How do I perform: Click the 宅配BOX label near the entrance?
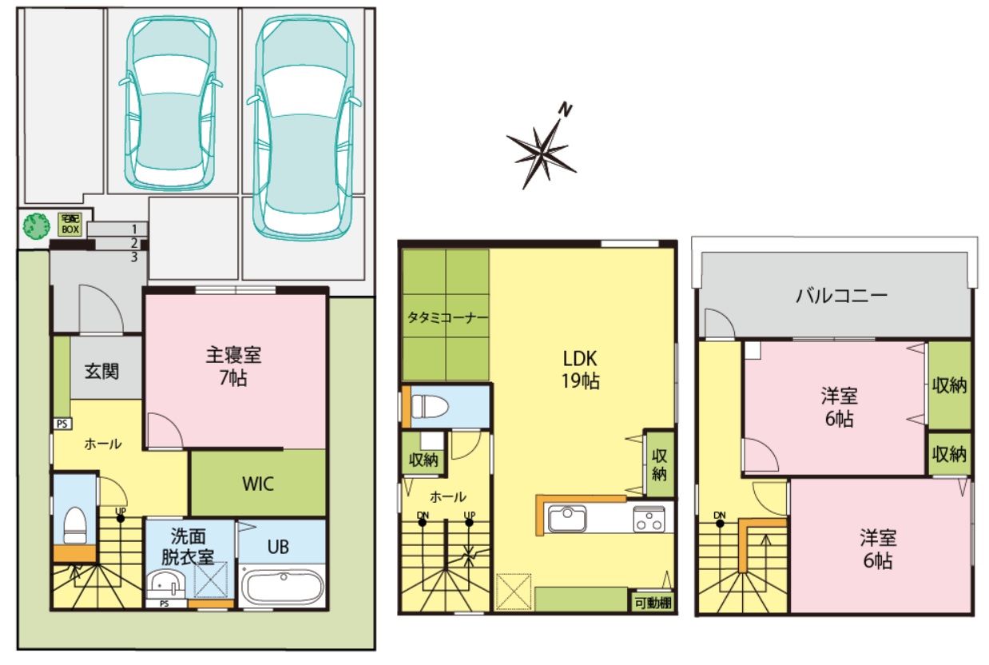pos(70,225)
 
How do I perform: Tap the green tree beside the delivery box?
pos(36,225)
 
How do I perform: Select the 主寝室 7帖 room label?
pos(233,367)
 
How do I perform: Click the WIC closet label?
pos(258,484)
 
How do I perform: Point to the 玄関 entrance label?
pos(101,371)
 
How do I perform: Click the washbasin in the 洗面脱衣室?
pos(165,584)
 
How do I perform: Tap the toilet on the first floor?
pos(75,525)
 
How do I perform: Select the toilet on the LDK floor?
pos(430,406)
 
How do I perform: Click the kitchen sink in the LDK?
pos(567,519)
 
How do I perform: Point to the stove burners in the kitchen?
pos(649,520)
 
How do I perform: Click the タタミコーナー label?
pos(447,317)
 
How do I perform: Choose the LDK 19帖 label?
pos(580,369)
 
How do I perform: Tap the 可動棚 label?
pos(653,603)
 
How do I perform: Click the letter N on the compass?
pos(565,110)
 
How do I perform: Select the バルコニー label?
pos(841,296)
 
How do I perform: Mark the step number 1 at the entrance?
pos(134,229)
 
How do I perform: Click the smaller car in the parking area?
pos(171,103)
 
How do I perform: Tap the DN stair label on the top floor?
pos(719,516)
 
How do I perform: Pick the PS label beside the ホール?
pos(62,424)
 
